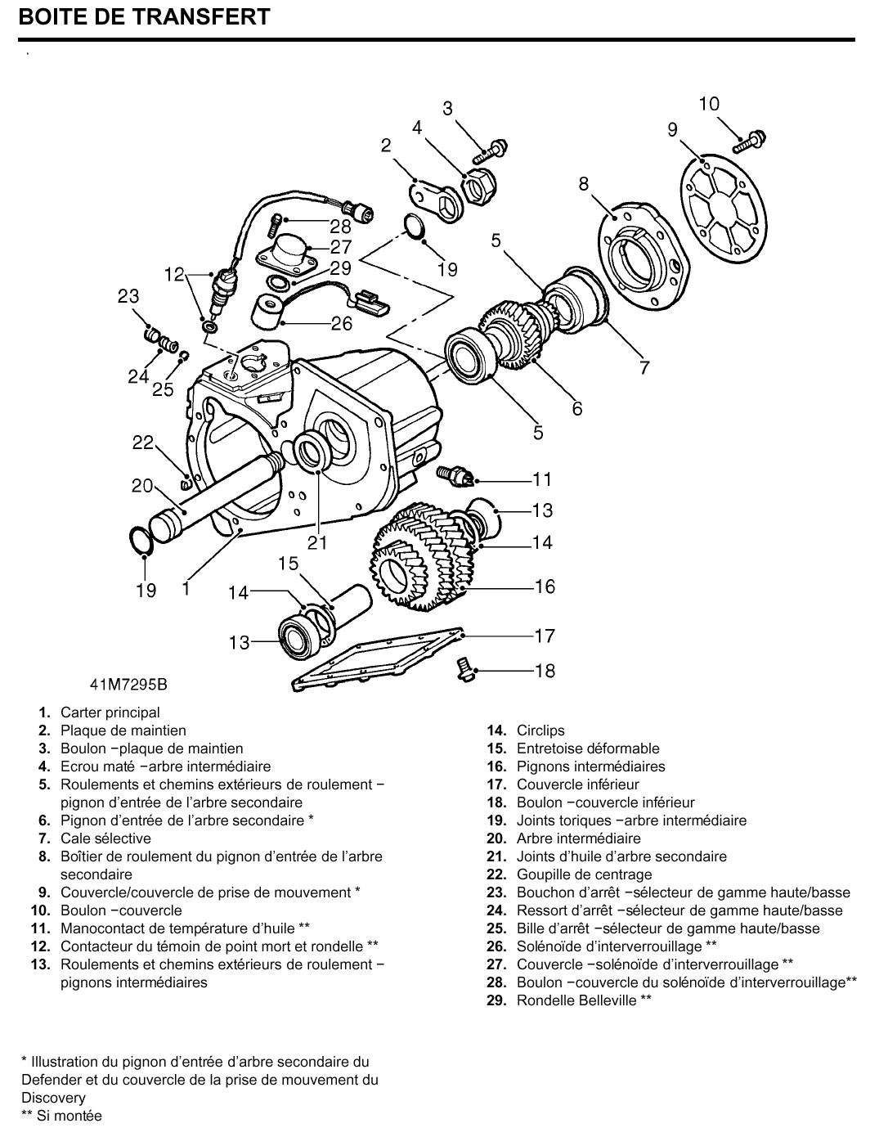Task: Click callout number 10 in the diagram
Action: pyautogui.click(x=709, y=104)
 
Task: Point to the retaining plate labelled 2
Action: pyautogui.click(x=435, y=200)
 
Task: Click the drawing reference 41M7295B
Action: pyautogui.click(x=134, y=683)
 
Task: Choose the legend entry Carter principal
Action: pyautogui.click(x=110, y=712)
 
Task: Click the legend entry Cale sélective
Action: pyautogui.click(x=105, y=838)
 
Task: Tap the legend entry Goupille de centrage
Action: pyautogui.click(x=584, y=874)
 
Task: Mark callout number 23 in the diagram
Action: pyautogui.click(x=128, y=296)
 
